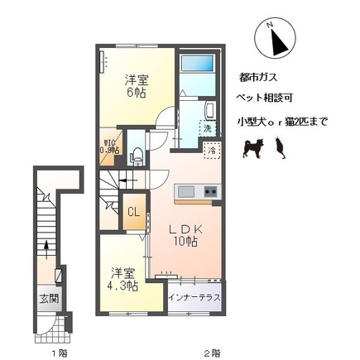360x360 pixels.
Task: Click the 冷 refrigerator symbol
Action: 212,151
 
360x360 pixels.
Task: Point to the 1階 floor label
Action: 57,352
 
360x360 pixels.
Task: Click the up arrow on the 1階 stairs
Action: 46,246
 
